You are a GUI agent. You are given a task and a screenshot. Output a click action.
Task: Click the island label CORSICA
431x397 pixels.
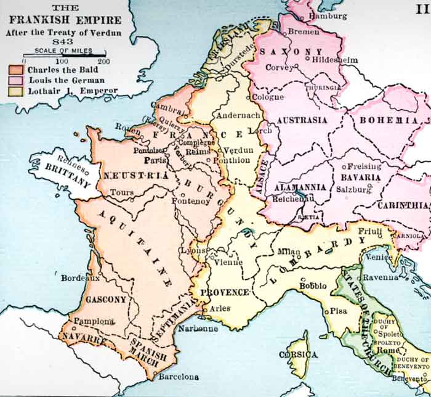point(299,355)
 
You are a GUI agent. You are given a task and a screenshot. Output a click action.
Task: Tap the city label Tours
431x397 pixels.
point(122,193)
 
